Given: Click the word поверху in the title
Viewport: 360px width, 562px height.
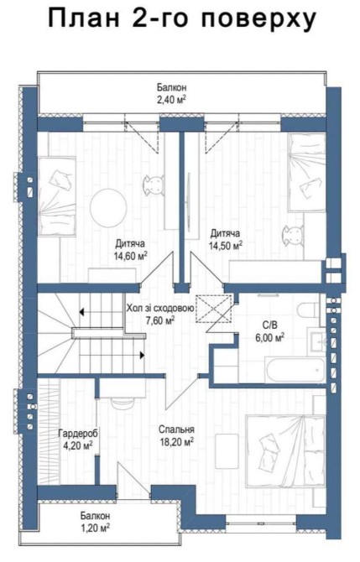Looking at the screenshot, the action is click(x=258, y=18).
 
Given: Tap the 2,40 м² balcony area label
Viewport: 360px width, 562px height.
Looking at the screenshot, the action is click(x=172, y=100).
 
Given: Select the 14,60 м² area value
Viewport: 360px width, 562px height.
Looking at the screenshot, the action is click(x=131, y=257).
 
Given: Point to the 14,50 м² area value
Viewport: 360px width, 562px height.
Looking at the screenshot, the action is click(x=226, y=247).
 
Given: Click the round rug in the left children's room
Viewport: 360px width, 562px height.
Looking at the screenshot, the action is click(x=108, y=208).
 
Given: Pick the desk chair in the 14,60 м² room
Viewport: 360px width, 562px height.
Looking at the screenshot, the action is click(x=155, y=185).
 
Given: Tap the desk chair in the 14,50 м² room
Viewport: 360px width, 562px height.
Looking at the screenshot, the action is click(x=295, y=236).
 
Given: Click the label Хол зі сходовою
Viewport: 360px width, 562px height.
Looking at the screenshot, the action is click(x=160, y=308).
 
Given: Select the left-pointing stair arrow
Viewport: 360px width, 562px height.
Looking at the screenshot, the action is click(x=81, y=312).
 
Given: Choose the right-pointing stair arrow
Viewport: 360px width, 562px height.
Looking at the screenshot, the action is click(x=142, y=355).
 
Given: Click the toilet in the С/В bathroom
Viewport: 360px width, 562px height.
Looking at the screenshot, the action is click(x=309, y=310).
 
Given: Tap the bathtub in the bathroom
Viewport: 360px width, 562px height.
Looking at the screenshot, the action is click(x=295, y=370).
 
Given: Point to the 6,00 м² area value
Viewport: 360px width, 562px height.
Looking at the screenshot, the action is click(x=270, y=337).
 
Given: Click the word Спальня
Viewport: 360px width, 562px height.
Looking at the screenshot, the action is click(x=177, y=429).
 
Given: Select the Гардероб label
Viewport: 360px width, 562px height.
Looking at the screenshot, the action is click(x=78, y=434).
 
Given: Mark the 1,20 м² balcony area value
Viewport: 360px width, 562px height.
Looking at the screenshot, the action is click(x=95, y=528).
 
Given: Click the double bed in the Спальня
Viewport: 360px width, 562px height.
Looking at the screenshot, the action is click(x=285, y=451).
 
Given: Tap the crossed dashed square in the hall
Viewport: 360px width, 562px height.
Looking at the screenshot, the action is click(x=214, y=309).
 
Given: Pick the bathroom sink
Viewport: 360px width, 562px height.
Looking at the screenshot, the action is click(x=318, y=343).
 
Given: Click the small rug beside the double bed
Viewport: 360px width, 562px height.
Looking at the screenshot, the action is click(x=227, y=451).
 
